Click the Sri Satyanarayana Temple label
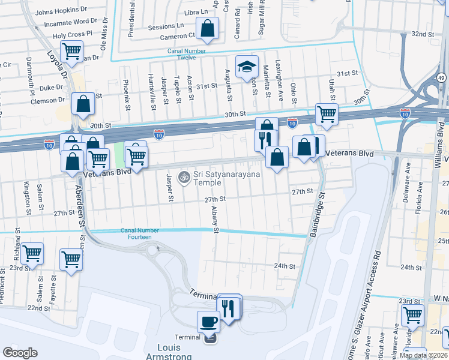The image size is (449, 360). point(220,178)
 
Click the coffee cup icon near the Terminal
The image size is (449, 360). point(209,321)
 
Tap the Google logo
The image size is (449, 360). point(20,353)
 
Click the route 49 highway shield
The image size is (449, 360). point(441,78)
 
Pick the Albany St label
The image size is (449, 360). point(214,218)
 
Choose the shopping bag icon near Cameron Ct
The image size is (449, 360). point(207,28)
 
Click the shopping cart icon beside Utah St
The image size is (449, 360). point(327,114)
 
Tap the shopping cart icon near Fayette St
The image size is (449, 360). point(71,260)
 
